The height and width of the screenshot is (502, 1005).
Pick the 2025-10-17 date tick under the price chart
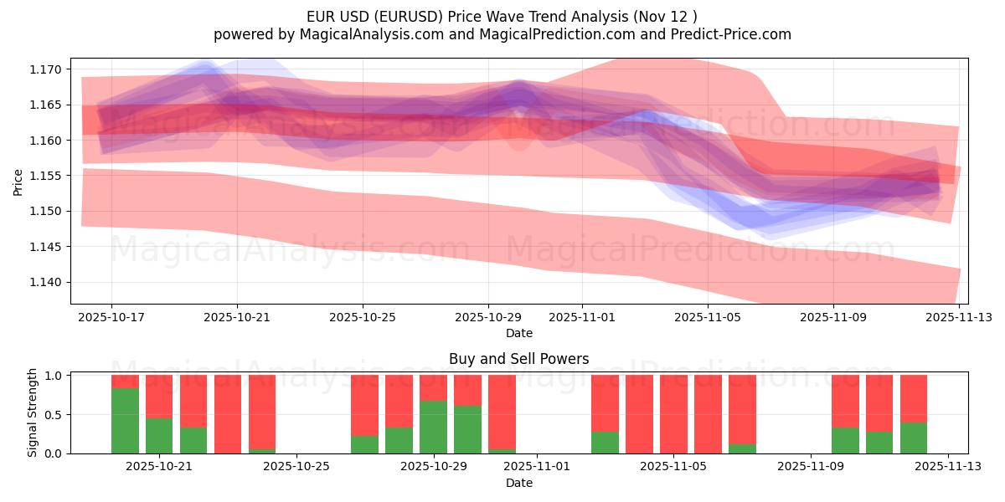111,317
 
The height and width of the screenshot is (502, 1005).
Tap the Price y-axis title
18,182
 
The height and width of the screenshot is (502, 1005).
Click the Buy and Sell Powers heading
518,359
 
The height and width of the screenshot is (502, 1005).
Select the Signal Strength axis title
33,412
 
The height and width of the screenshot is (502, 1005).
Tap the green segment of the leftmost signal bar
125,421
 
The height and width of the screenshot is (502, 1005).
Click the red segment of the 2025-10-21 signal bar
159,396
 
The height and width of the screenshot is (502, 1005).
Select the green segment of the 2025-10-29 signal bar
433,427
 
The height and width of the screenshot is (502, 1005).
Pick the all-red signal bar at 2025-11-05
673,414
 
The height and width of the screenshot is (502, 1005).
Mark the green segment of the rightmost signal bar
914,438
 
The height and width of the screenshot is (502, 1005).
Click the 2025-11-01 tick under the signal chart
536,466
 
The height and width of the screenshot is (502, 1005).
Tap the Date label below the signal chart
518,483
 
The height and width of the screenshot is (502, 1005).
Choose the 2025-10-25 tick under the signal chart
296,466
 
